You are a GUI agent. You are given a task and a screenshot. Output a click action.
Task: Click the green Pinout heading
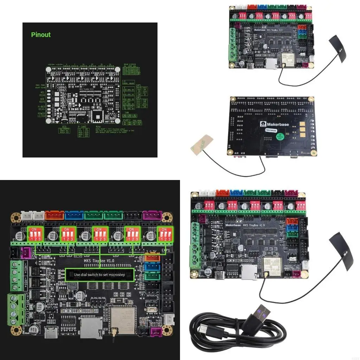tap(41, 35)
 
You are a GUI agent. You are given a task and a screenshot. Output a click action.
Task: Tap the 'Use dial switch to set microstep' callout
tap(100, 274)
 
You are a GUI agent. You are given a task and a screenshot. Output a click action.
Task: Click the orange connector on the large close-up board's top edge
tap(54, 215)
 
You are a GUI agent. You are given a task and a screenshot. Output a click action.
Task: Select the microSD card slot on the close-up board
tap(91, 326)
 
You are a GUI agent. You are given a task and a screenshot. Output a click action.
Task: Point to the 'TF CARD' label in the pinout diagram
tap(82, 126)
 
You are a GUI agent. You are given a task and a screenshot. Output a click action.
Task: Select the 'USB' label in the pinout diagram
tap(64, 126)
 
